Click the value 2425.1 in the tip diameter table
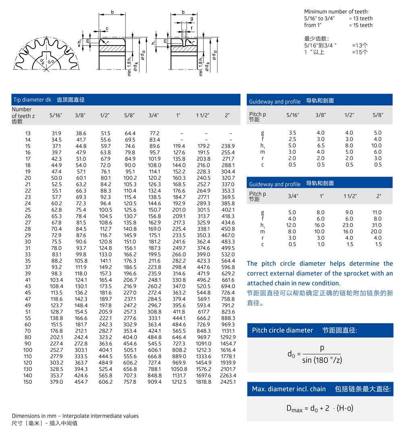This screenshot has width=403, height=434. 228,382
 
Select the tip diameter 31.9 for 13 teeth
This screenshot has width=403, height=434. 56,133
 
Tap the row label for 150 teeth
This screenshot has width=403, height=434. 27,382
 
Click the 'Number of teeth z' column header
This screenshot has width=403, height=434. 23,115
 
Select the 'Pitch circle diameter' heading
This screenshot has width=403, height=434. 283,330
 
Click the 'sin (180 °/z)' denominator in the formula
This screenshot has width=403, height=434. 322,360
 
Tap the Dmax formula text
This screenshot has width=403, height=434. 320,408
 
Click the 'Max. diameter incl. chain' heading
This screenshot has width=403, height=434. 289,389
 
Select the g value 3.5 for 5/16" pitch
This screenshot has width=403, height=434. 293,132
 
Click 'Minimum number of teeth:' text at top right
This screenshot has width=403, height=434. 336,12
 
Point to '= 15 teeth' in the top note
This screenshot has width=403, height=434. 361,25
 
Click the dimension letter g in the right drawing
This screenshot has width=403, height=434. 192,19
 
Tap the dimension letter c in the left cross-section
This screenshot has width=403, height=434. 107,28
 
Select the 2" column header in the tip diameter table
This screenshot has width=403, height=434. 227,115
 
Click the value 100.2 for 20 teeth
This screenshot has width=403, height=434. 130,178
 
